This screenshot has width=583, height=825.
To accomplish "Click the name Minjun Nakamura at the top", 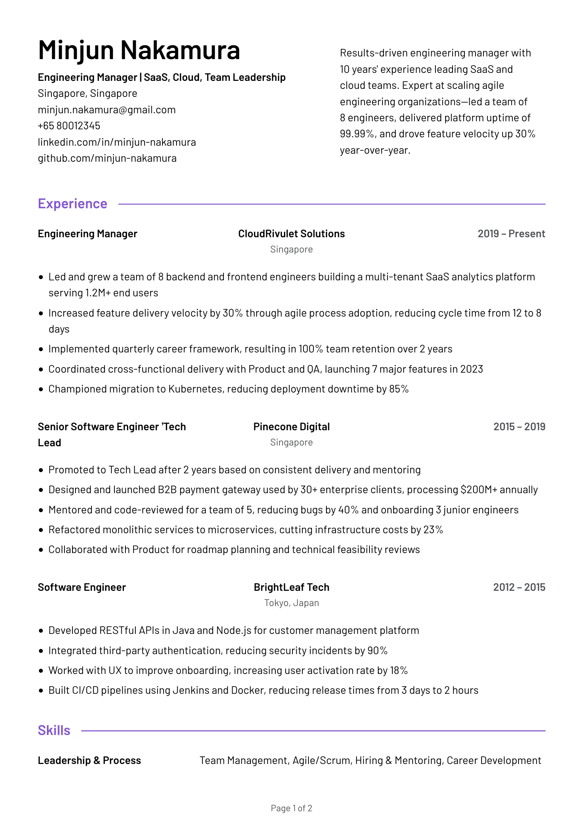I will coord(139,50).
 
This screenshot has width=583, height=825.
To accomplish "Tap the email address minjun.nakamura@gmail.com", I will coord(107,110).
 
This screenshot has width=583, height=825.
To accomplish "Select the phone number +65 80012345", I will coord(69,126).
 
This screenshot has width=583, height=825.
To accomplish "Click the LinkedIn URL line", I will coord(117,142).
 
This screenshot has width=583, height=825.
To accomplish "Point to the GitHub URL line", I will coord(107,158).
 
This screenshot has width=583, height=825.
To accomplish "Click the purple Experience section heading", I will coord(72,204).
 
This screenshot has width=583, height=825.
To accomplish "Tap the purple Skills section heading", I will coord(54,730).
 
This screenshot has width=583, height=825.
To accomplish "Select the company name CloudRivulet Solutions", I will coord(291,234).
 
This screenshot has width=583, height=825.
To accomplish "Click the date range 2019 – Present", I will coord(511,234).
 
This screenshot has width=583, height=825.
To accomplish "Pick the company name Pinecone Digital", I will coord(291,427).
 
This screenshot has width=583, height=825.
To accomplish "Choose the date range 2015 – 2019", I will coord(519,427).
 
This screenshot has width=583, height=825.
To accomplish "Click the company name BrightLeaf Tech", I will coord(291,587).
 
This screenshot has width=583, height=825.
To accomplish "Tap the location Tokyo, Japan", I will coord(291,603).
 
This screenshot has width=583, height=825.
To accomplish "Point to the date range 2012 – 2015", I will coord(519,587).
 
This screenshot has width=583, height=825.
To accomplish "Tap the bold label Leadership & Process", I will coord(89,761).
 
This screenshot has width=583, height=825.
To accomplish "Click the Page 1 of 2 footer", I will coord(291,808).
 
